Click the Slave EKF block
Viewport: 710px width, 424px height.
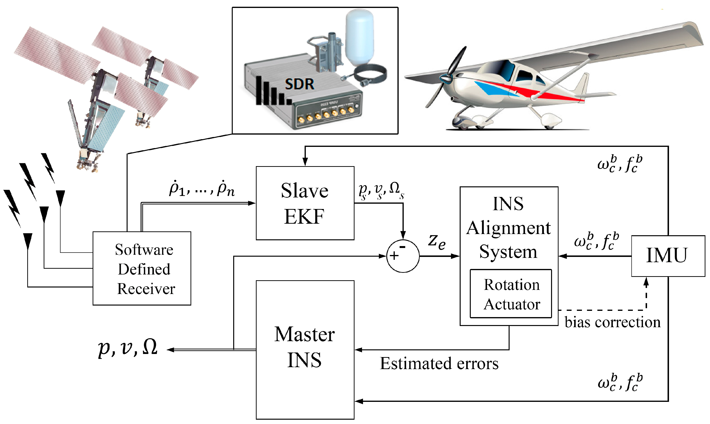point(305,203)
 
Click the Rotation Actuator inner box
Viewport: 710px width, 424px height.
point(511,294)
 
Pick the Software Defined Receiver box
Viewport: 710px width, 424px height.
point(142,268)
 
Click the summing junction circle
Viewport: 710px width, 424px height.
point(403,256)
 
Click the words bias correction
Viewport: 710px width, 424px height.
point(612,322)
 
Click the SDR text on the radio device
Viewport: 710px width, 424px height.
point(299,84)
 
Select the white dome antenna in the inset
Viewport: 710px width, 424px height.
point(359,36)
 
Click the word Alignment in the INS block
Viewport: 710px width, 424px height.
point(508,228)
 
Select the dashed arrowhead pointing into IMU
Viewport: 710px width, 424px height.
point(646,281)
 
